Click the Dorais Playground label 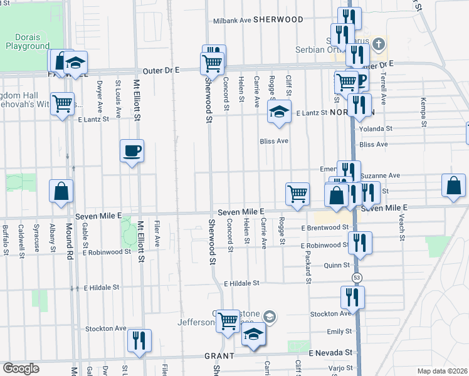(x=27, y=41)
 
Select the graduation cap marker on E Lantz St (x=279, y=112)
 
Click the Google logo (x=21, y=368)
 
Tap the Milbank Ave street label (x=231, y=19)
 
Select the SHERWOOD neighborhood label (x=278, y=19)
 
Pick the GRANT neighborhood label (x=219, y=355)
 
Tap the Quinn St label (x=336, y=265)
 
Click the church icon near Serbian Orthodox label (x=377, y=44)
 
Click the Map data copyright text (x=442, y=371)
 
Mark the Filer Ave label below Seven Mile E (x=156, y=231)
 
